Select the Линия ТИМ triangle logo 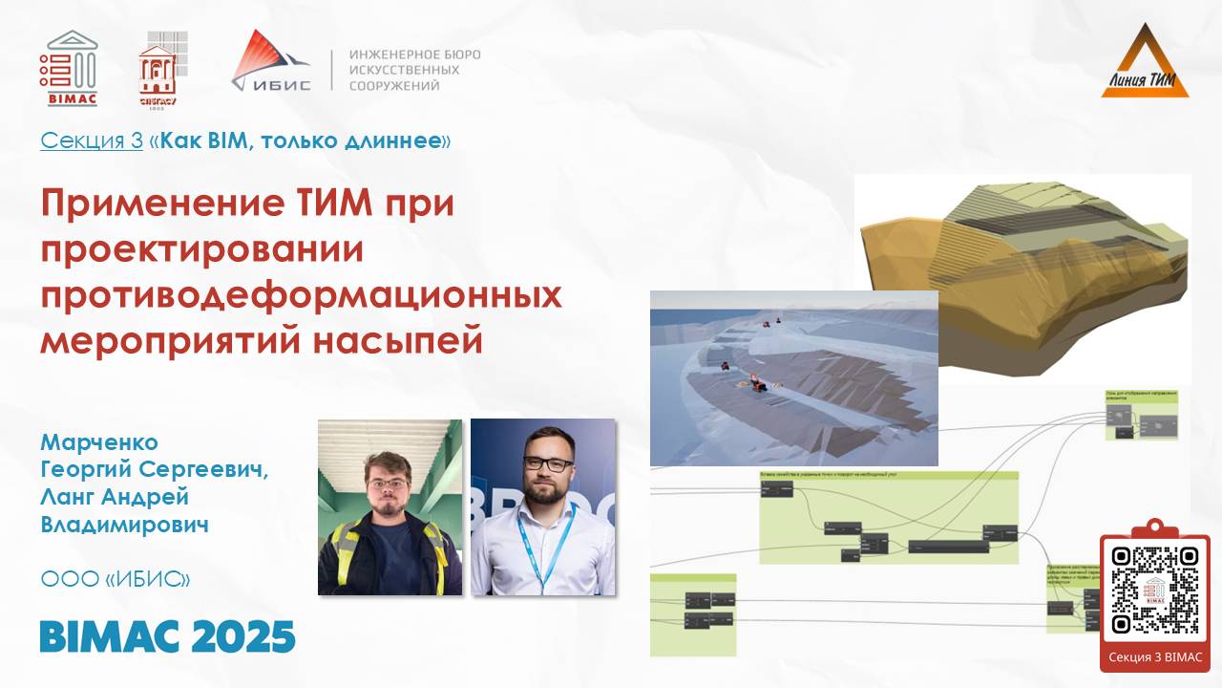tap(1145, 62)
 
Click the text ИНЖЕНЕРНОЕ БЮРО tap(414, 54)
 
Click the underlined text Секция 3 tap(91, 141)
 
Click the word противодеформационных tap(301, 294)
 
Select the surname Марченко tap(99, 442)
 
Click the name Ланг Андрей tap(115, 498)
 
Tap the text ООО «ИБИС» tap(115, 579)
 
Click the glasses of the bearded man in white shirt tap(548, 464)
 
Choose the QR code tap(1155, 590)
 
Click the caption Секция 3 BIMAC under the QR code tap(1155, 657)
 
